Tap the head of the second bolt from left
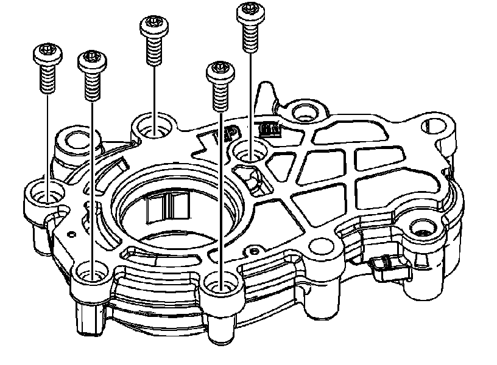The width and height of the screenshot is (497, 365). (x=91, y=60)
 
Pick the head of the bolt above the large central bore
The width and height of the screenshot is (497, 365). (x=154, y=27)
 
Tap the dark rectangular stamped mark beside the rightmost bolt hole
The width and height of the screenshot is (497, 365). (x=269, y=130)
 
